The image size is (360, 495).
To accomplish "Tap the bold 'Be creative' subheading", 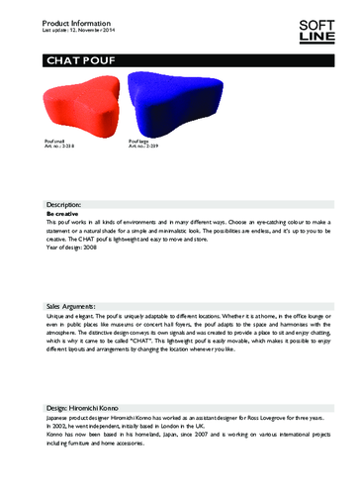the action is tap(64, 214).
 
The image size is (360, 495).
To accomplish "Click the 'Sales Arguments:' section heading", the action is tap(81, 307).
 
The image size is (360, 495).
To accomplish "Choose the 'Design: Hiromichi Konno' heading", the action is tap(93, 408).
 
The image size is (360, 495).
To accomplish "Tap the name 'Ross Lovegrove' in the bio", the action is tap(267, 420).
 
